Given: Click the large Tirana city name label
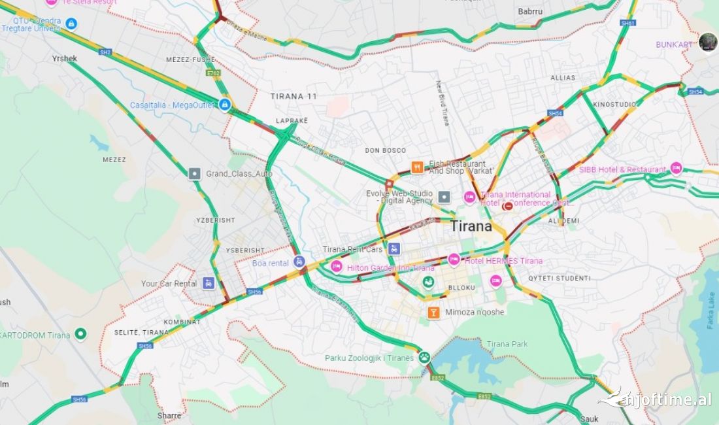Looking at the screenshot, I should click(471, 226).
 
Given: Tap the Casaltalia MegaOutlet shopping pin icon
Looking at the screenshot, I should click(224, 105).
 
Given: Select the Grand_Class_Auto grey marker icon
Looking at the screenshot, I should click(194, 173).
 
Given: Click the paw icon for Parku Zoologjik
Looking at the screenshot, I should click(424, 357).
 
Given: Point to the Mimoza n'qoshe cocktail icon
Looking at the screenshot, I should click(433, 312).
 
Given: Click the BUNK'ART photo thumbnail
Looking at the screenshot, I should click(708, 42).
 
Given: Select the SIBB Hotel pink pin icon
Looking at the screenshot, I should click(676, 168).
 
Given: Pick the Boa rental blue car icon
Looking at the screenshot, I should click(299, 262).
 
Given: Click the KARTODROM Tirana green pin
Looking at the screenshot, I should click(80, 334).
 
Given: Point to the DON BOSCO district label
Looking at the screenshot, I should click(385, 150).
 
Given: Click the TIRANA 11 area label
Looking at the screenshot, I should click(293, 96).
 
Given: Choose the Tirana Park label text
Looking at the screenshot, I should click(507, 344).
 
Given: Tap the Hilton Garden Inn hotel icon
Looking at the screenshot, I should click(337, 266).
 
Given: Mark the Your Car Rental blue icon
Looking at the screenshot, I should click(209, 283).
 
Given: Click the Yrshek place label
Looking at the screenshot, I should click(65, 59).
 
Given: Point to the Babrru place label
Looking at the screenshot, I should click(529, 12).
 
